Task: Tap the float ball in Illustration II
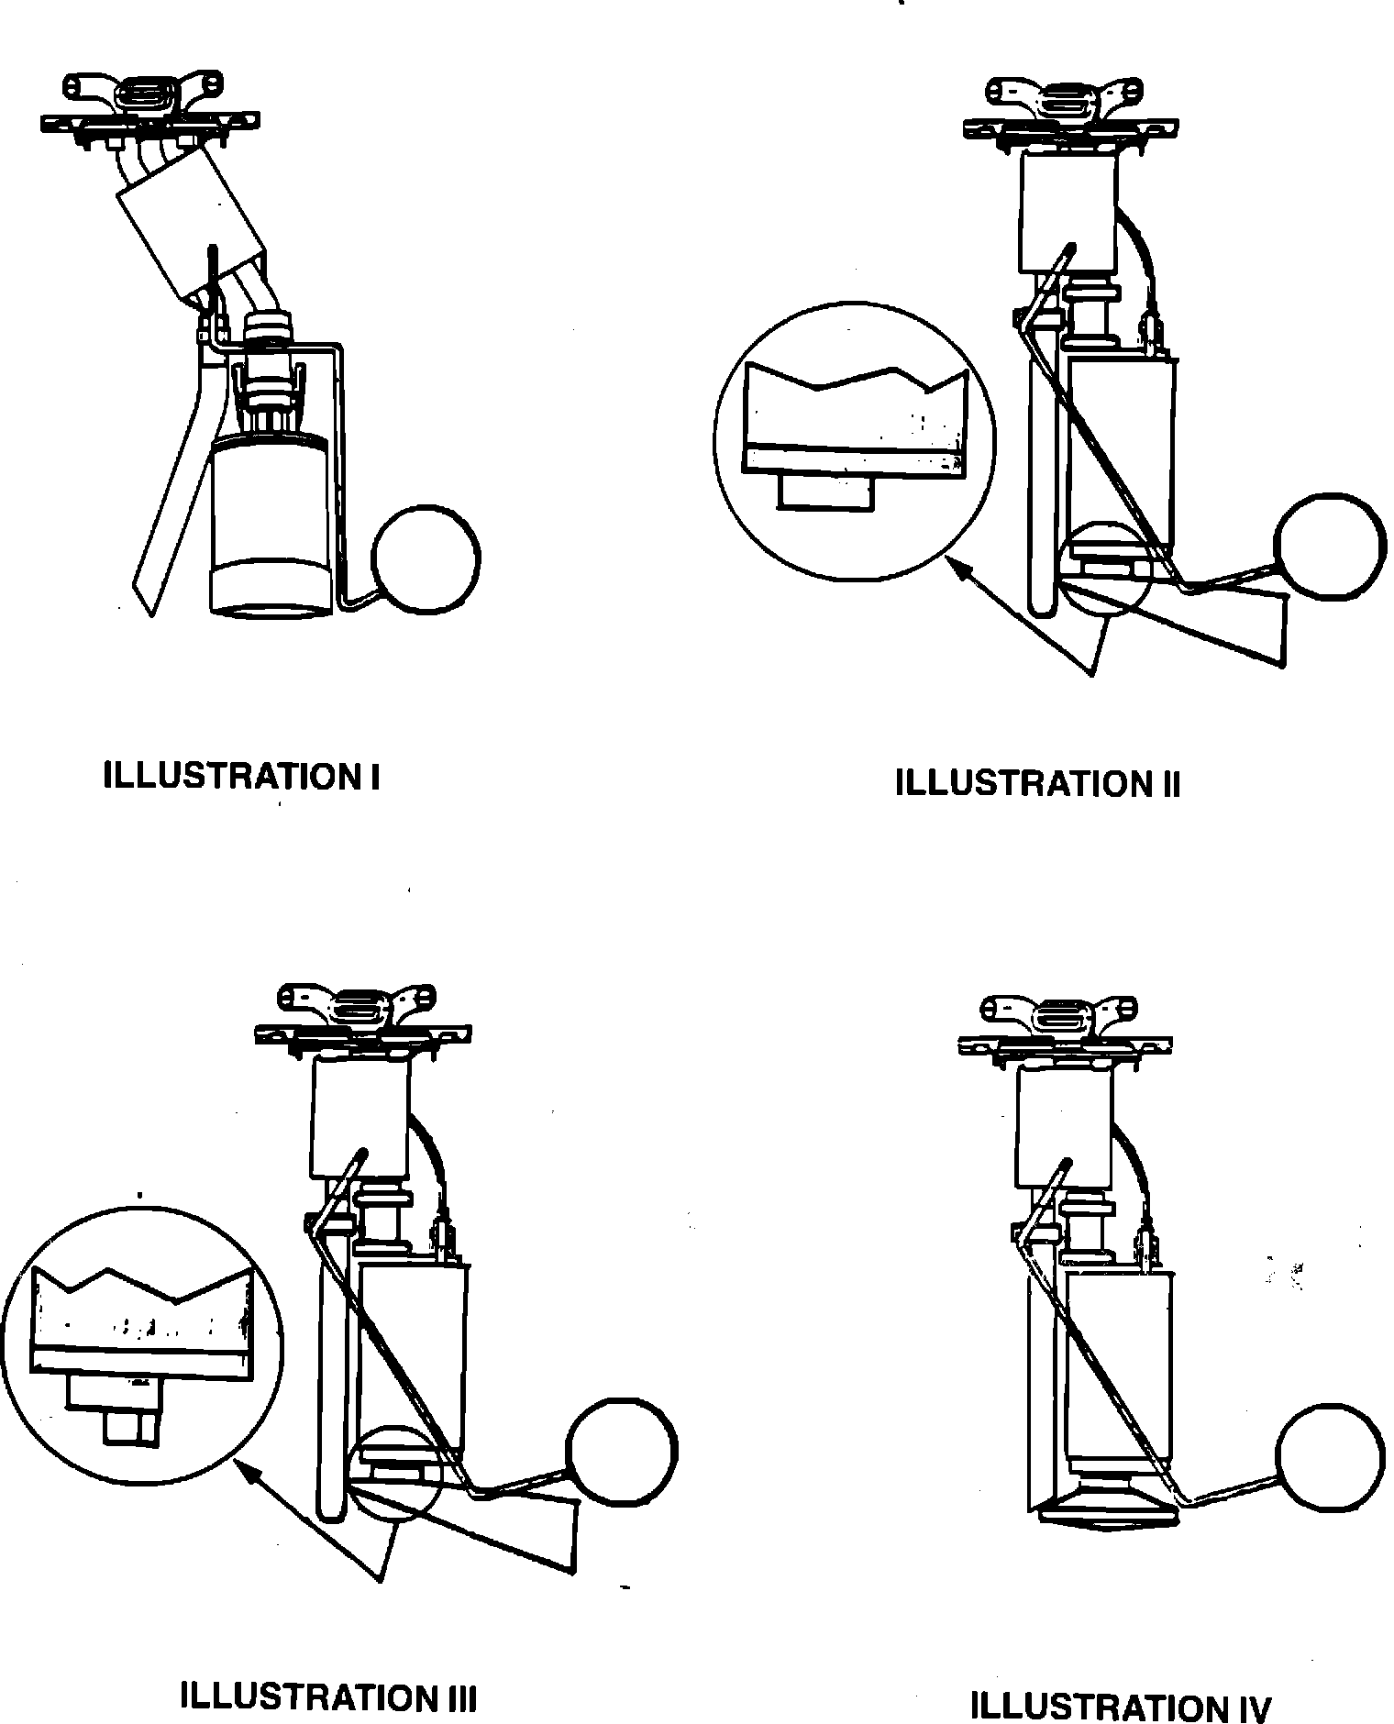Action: (x=1333, y=547)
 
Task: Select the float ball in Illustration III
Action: (x=622, y=1451)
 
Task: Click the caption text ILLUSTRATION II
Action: (x=1037, y=784)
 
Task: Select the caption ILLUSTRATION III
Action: (x=328, y=1697)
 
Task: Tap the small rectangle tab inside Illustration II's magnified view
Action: (x=824, y=492)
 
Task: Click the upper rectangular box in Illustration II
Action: (x=1068, y=212)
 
